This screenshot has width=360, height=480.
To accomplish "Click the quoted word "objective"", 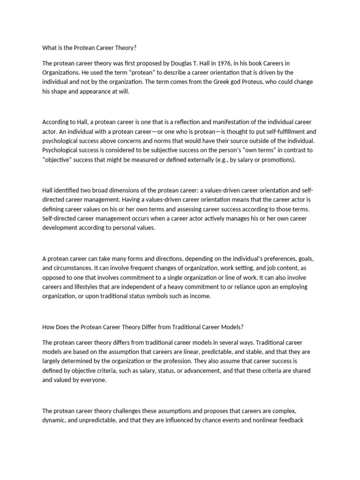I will pyautogui.click(x=59, y=160).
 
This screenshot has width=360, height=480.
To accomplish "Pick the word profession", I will pyautogui.click(x=202, y=361).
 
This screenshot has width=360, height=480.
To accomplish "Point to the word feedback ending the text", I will pyautogui.click(x=291, y=420).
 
